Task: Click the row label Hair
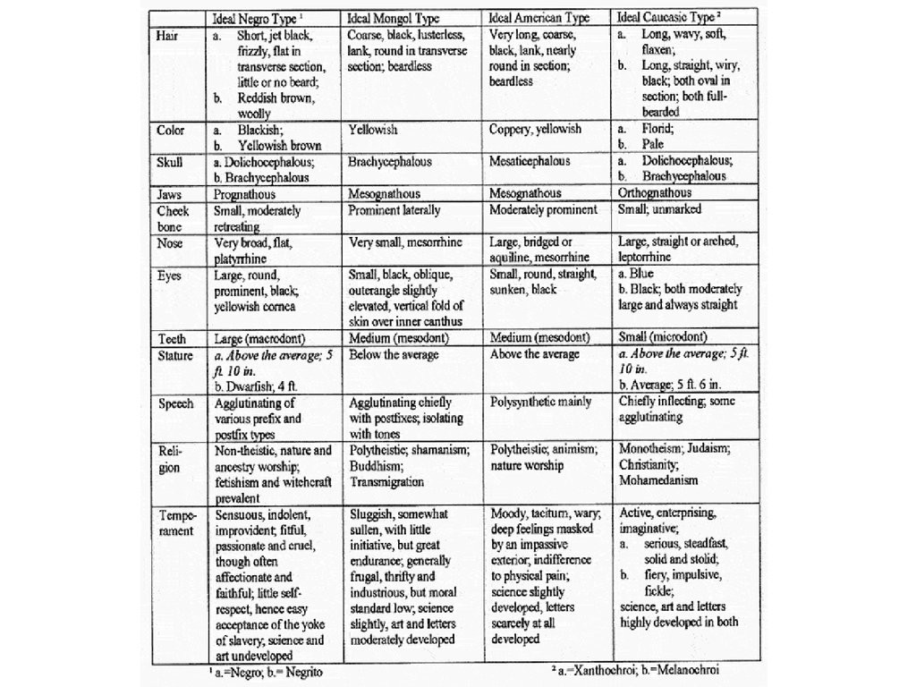(x=166, y=35)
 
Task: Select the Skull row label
(x=169, y=162)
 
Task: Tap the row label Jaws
(x=170, y=194)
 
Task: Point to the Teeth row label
(x=172, y=338)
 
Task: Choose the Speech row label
(x=176, y=403)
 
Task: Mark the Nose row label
(x=170, y=242)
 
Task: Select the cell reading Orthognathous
(x=655, y=193)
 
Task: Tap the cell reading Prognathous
(x=245, y=194)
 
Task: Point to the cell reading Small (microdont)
(x=664, y=337)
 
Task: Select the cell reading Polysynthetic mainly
(x=541, y=403)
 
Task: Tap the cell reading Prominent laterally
(x=394, y=210)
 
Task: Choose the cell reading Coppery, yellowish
(x=535, y=129)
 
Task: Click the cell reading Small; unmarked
(x=660, y=210)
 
